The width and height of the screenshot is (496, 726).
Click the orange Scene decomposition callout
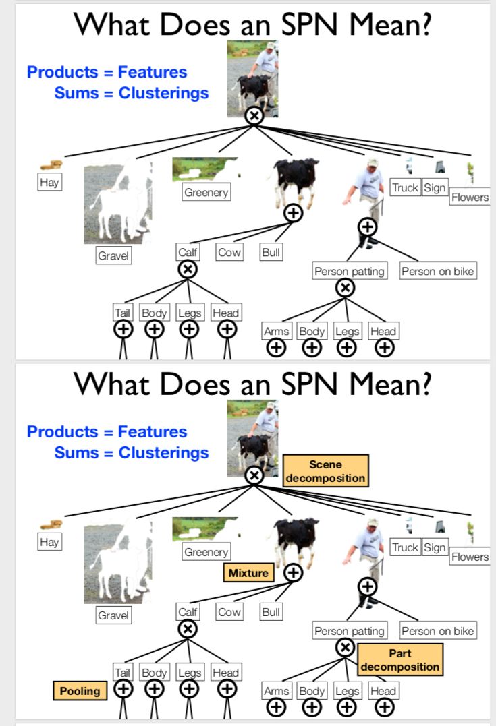click(x=325, y=471)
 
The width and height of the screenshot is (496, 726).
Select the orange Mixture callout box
click(x=248, y=573)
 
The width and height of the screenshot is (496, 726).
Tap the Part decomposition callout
click(x=400, y=660)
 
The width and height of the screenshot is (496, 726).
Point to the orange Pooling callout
click(x=80, y=690)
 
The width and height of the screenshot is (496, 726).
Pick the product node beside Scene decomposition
click(x=254, y=476)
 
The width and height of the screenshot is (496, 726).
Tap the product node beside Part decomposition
click(x=345, y=648)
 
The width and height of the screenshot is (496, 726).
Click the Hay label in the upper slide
click(x=49, y=182)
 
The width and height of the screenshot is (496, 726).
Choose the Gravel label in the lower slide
click(x=113, y=615)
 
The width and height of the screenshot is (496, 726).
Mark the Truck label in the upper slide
click(x=405, y=187)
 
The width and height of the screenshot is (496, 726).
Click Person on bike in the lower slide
click(x=437, y=631)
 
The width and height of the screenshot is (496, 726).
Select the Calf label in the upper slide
click(x=187, y=253)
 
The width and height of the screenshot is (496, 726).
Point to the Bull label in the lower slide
click(x=271, y=612)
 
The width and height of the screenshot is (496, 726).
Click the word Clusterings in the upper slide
click(x=163, y=93)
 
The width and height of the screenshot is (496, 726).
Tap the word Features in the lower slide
click(x=153, y=431)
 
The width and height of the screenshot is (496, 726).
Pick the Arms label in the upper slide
click(x=276, y=331)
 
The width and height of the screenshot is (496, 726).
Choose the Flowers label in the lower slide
click(x=470, y=557)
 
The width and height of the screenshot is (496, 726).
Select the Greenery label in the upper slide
click(x=206, y=192)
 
